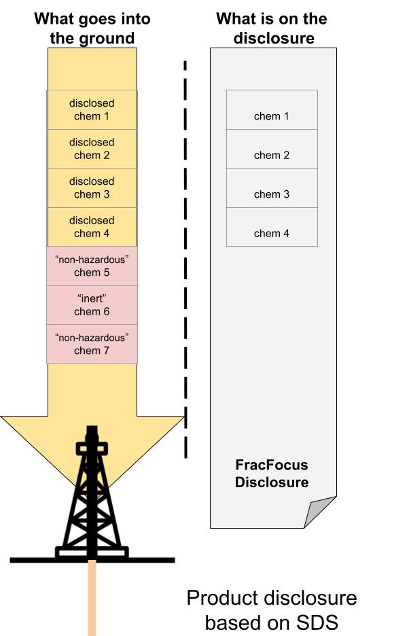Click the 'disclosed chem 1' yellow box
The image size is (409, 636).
pyautogui.click(x=92, y=109)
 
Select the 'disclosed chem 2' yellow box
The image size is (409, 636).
pyautogui.click(x=92, y=149)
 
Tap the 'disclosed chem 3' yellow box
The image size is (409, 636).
pyautogui.click(x=92, y=188)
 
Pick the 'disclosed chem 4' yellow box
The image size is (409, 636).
pyautogui.click(x=92, y=227)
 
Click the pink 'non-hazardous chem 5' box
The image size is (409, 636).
pyautogui.click(x=92, y=266)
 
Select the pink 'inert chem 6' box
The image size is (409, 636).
pyautogui.click(x=92, y=305)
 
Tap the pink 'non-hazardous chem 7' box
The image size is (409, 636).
pyautogui.click(x=92, y=344)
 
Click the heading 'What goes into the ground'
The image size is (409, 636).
pyautogui.click(x=92, y=28)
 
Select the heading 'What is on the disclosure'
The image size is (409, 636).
pyautogui.click(x=272, y=28)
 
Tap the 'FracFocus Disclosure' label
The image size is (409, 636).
pyautogui.click(x=272, y=474)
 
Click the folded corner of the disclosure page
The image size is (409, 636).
pyautogui.click(x=318, y=513)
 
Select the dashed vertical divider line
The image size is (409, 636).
pyautogui.click(x=185, y=258)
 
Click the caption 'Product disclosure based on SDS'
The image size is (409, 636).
pyautogui.click(x=272, y=609)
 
